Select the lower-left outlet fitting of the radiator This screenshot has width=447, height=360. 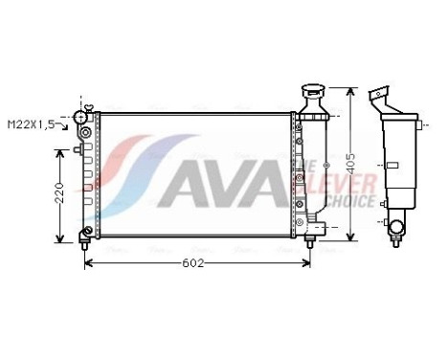[x=87, y=233]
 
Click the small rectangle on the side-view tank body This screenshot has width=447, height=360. [x=391, y=167]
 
